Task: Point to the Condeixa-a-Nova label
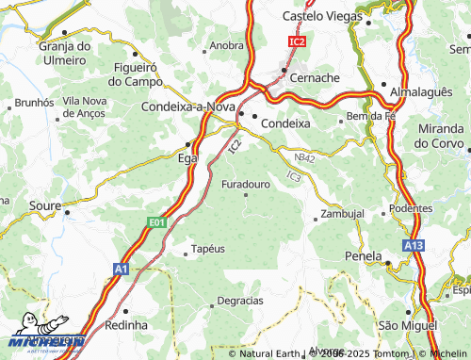pos(186,107)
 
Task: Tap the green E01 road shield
pos(157,221)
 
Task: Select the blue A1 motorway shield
pos(120,270)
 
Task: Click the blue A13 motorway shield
pos(414,246)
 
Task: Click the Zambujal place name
pos(342,214)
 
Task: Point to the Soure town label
pos(45,204)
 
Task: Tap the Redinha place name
pos(126,324)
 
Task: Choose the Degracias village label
pos(239,300)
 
